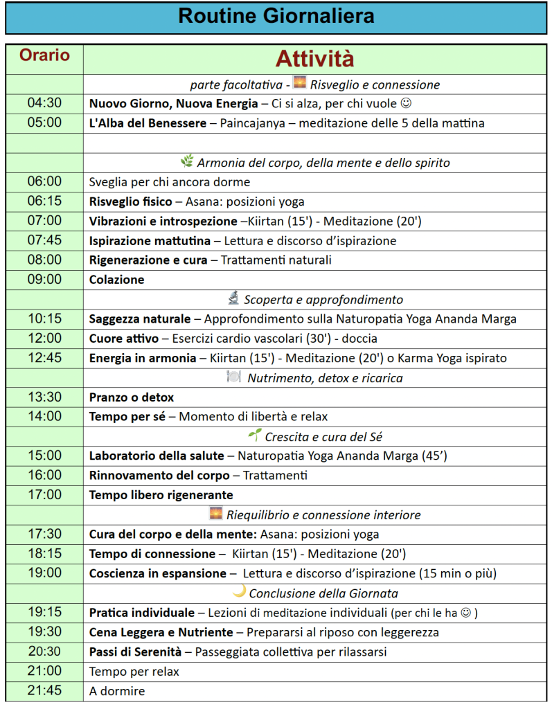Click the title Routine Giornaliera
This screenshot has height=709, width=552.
coord(276,17)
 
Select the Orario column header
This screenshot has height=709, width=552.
coord(44,55)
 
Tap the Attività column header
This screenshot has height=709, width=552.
coord(315,58)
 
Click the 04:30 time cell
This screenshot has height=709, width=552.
coord(44,103)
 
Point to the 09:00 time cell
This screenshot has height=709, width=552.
coord(44,280)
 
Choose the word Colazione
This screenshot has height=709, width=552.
coord(116,280)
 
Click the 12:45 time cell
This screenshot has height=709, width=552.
coord(44,358)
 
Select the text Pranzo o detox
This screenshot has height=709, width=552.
coord(132,397)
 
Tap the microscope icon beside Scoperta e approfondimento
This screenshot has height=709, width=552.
coord(233,298)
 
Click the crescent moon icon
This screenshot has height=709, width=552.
coord(239,591)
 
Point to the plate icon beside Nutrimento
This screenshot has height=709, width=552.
coord(233,377)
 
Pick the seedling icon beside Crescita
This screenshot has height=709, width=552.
coord(255,436)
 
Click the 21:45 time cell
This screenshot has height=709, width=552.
coord(44,690)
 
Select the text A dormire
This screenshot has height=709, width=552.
coord(117,691)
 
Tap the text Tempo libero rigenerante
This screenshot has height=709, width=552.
coord(161,495)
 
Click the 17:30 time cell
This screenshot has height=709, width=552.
coord(44,534)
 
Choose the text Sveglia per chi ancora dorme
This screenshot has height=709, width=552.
coord(170,182)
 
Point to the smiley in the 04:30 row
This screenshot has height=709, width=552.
coord(407,103)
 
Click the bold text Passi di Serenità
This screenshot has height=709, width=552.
coord(135,652)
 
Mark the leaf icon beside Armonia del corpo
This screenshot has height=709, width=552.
coord(187,161)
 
